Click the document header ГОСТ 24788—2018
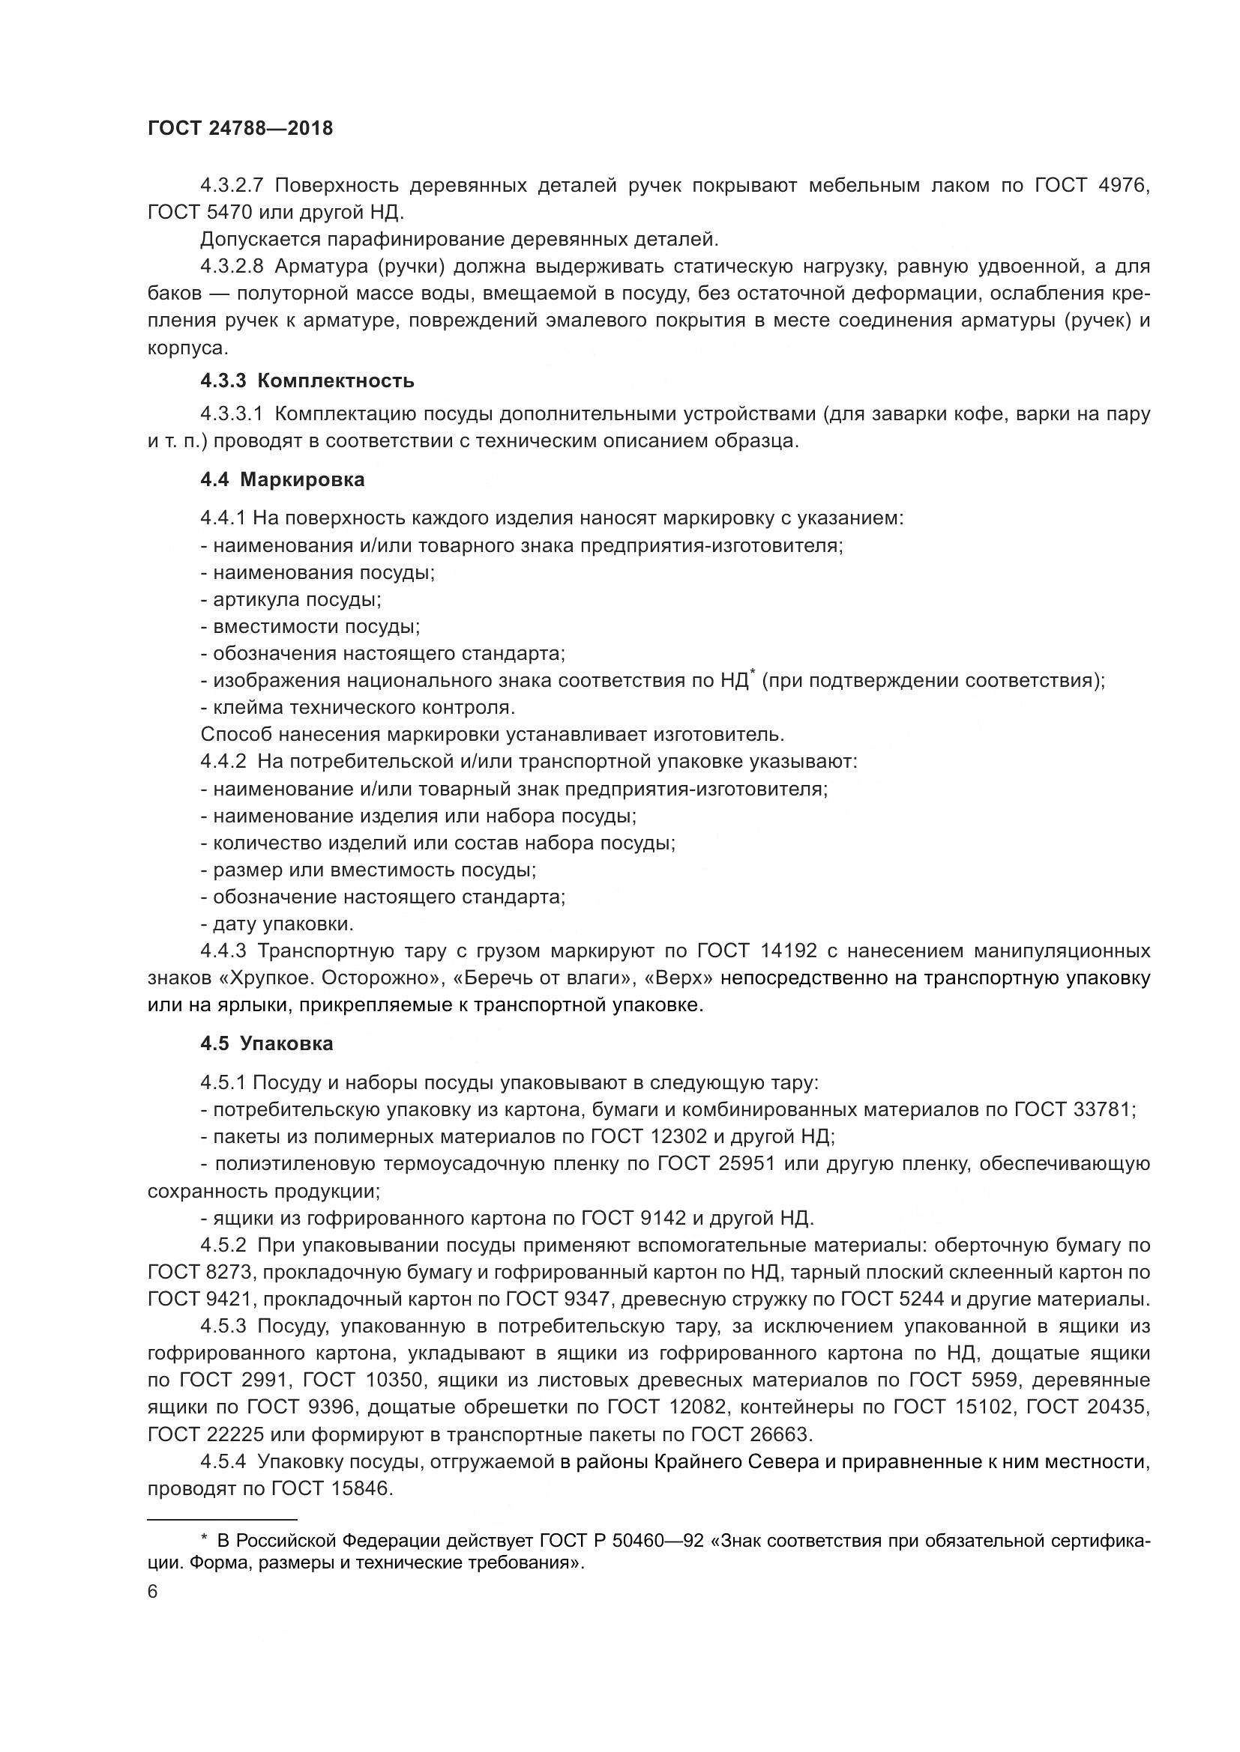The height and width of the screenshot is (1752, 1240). tap(240, 128)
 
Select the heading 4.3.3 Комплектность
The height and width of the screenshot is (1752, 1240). tap(307, 380)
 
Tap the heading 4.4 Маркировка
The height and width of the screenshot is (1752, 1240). tap(283, 479)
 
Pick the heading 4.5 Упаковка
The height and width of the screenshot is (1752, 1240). tap(266, 1043)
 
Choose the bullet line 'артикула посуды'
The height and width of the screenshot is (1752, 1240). tap(291, 599)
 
